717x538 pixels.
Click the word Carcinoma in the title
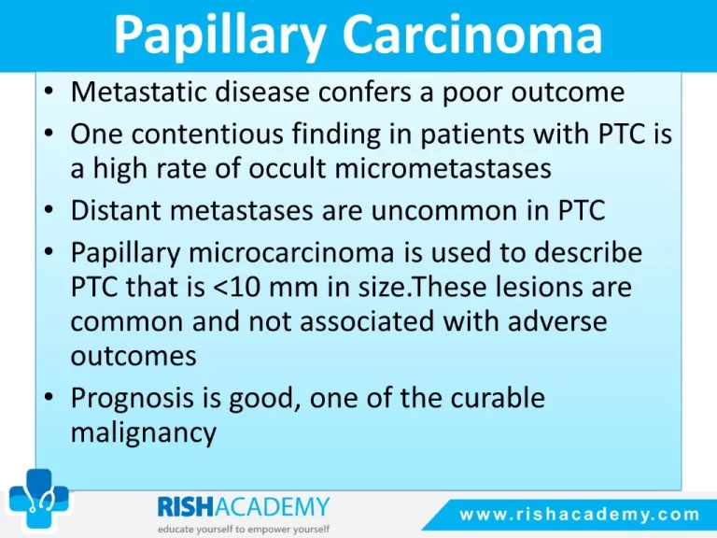pos(471,35)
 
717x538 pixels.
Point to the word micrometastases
pos(443,168)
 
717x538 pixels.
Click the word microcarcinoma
pos(291,252)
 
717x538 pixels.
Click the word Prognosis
pos(133,398)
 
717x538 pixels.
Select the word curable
pos(498,397)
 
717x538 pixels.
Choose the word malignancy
pos(143,432)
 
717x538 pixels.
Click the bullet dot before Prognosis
pos(49,396)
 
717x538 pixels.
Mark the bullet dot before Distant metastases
pos(49,209)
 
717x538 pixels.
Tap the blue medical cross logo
pos(39,499)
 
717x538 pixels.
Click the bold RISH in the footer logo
pos(186,507)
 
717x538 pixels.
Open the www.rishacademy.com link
pos(580,515)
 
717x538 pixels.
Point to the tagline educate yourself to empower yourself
pos(244,530)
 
